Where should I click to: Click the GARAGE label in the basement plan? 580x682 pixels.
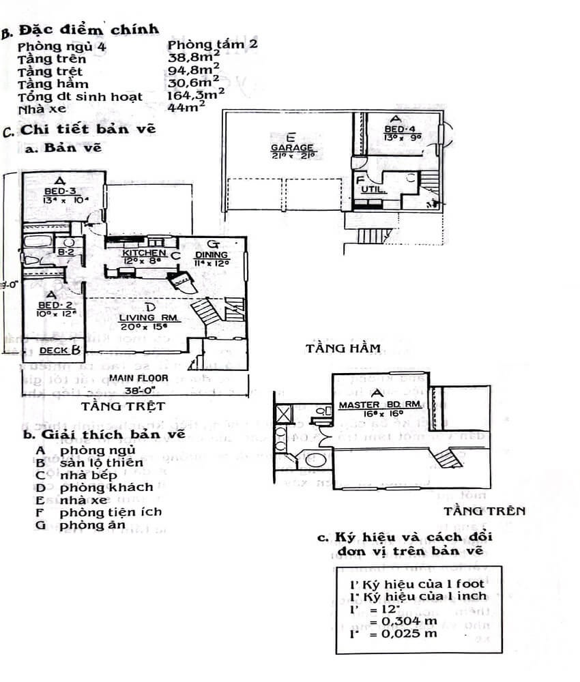pos(291,147)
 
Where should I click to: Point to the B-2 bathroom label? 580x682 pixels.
pos(66,252)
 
